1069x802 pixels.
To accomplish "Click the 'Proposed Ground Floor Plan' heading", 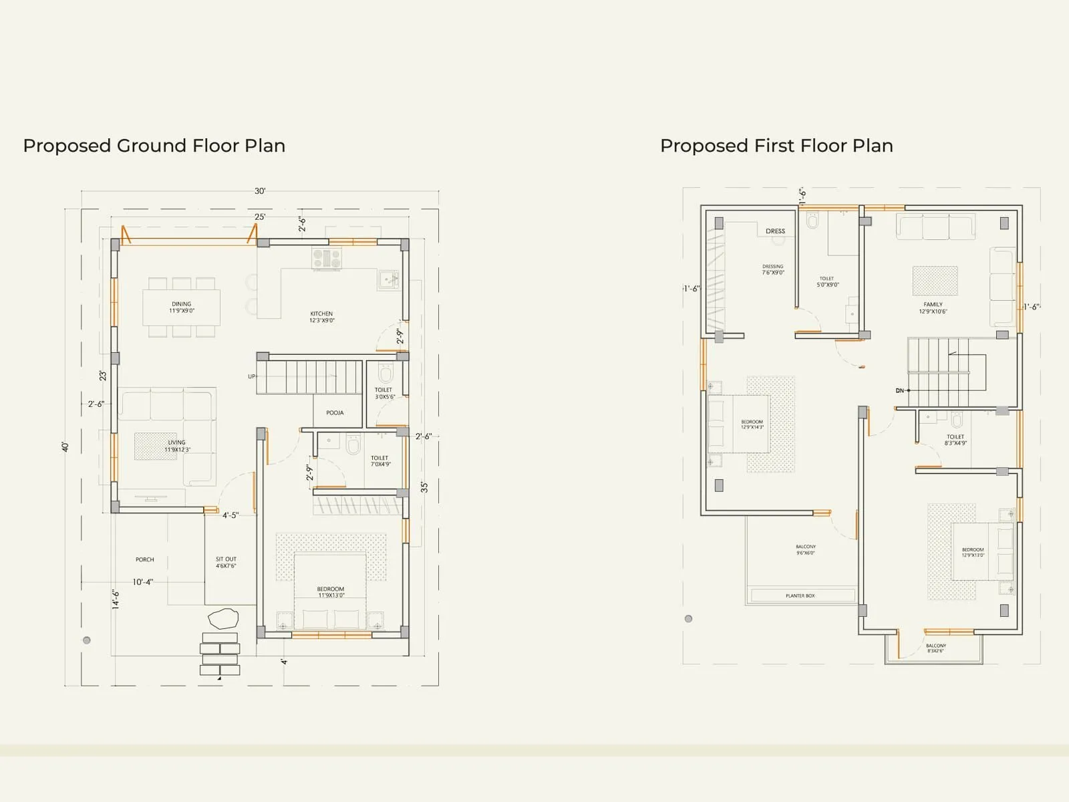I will coord(154,146).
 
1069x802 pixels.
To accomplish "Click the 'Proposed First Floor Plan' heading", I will coord(776,146).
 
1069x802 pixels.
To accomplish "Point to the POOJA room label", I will coord(335,413).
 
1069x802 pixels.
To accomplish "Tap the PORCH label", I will coord(145,559).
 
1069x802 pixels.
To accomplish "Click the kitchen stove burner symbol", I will coord(327,258).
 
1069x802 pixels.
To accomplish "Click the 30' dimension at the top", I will coord(260,191).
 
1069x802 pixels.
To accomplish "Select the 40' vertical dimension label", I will coord(65,446).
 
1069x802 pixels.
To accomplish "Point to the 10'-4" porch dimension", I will coord(142,582).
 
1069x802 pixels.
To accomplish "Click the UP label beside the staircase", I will coord(252,376).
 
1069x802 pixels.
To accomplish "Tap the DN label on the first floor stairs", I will coord(900,390).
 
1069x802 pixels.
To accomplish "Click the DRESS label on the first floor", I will coord(775,231).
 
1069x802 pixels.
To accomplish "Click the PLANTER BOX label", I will coord(800,595).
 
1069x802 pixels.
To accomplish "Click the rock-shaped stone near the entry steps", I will coord(222,618).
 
